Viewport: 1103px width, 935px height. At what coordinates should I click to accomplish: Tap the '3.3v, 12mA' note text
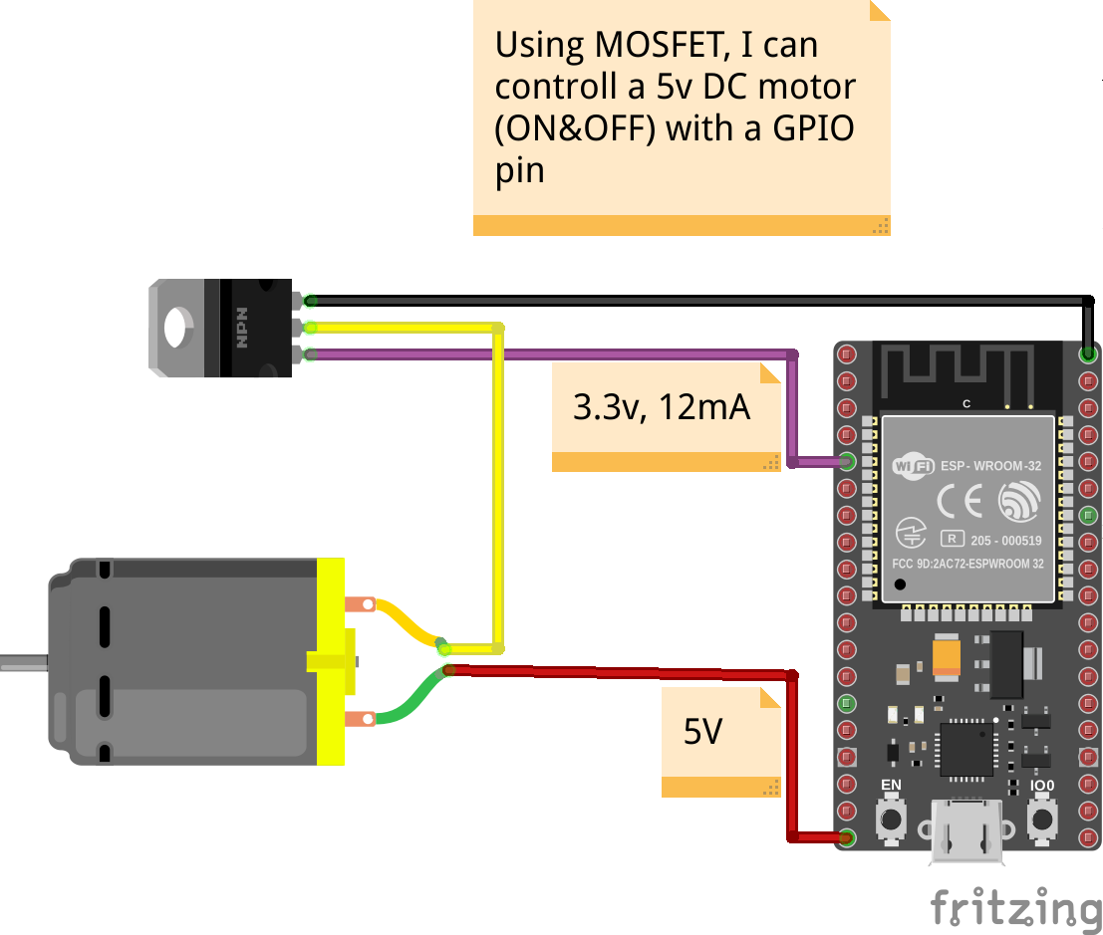click(661, 406)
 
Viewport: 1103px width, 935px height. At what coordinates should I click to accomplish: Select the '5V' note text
click(702, 732)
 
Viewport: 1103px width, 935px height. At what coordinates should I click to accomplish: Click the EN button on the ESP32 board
click(890, 819)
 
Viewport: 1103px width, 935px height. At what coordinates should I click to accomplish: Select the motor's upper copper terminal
click(358, 603)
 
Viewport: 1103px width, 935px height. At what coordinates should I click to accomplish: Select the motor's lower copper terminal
click(358, 718)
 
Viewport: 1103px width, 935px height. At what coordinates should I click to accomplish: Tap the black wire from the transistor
click(697, 299)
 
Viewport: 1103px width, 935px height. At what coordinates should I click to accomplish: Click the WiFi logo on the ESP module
click(913, 466)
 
